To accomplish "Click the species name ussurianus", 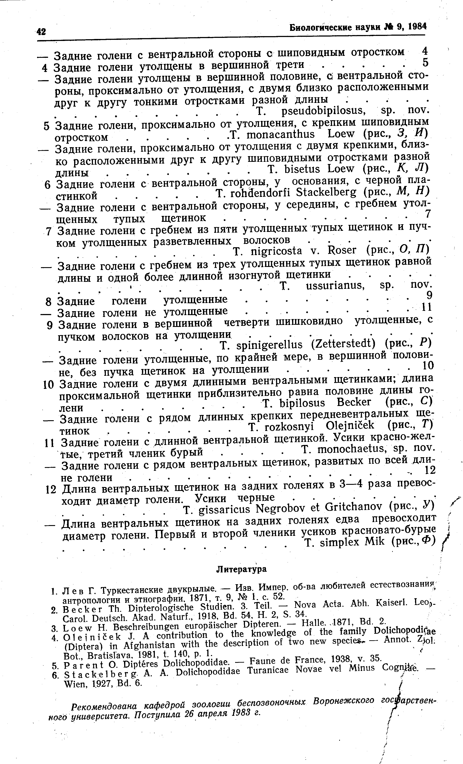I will pos(334,286).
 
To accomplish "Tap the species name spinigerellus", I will pos(269,344).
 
